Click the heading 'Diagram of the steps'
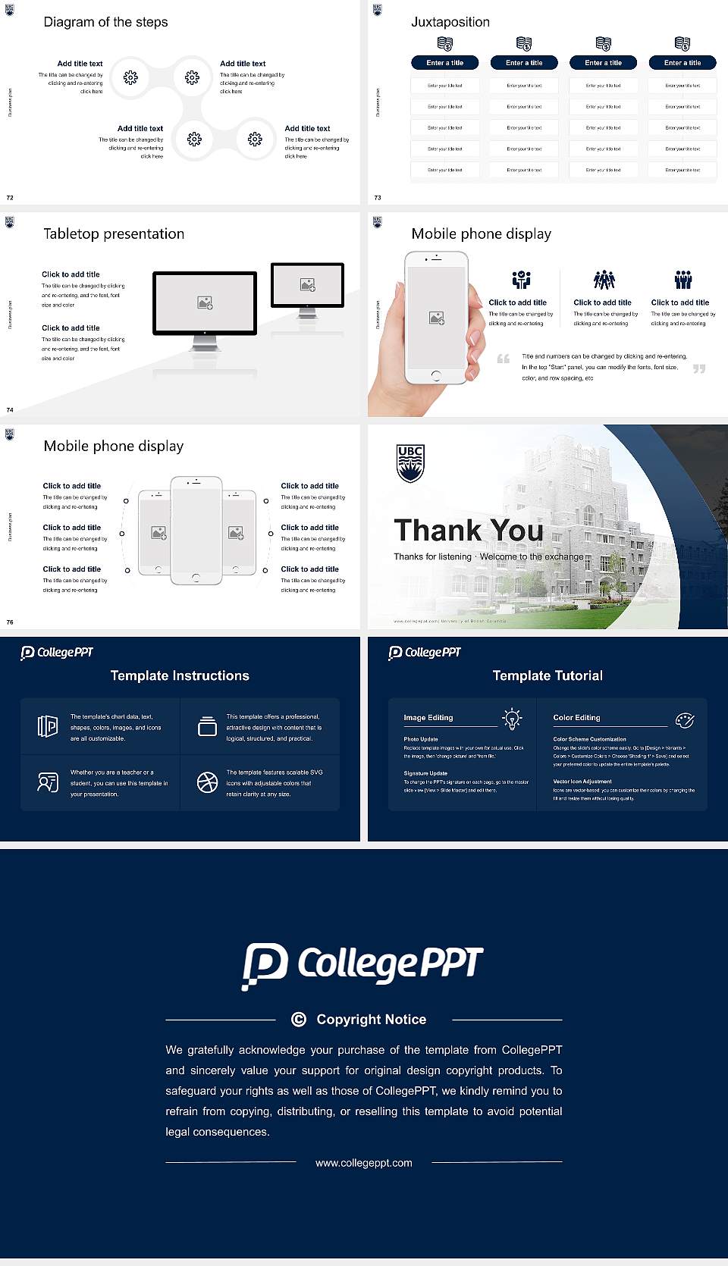pos(105,22)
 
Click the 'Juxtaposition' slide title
pos(450,22)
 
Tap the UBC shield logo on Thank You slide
pos(410,463)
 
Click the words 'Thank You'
pos(468,531)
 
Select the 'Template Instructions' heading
pos(180,675)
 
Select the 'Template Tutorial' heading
pos(548,675)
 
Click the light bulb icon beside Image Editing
pos(512,719)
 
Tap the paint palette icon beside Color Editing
pos(685,719)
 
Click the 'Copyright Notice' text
pos(371,1020)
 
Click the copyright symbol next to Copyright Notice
pos(299,1020)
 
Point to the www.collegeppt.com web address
pos(364,1163)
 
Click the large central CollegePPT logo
pos(362,965)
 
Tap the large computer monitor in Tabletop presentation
pos(205,303)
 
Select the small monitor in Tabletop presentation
pos(307,285)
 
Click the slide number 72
pos(10,197)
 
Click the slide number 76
pos(10,622)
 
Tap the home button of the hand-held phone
pos(436,375)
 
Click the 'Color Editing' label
pos(576,717)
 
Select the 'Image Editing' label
pos(428,717)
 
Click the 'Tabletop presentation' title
pos(114,233)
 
